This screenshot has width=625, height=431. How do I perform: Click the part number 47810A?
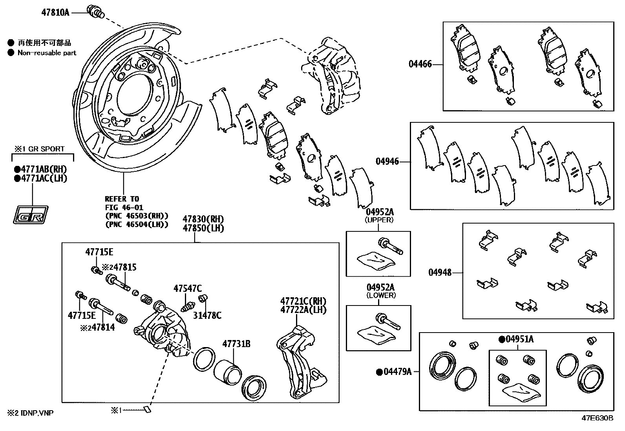[55, 12]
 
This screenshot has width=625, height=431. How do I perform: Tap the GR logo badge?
[31, 215]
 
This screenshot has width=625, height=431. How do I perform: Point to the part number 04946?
[387, 161]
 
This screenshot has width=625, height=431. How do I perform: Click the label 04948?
[440, 272]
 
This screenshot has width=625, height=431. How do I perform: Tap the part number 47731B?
[236, 344]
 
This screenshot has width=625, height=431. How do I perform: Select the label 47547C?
[188, 289]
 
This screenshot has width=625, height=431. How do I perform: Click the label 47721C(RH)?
[303, 301]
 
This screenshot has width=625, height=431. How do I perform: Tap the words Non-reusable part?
[47, 53]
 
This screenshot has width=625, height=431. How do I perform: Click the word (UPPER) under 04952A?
[379, 220]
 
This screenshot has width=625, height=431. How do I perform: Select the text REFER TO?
[122, 199]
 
